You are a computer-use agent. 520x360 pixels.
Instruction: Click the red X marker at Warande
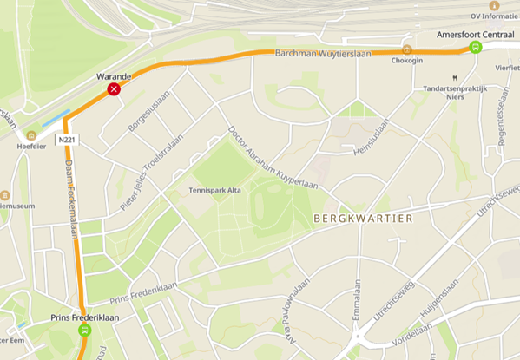pos(114,89)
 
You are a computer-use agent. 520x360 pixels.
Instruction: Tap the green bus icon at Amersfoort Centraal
pos(475,48)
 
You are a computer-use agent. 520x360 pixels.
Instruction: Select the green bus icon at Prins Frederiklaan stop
pos(84,330)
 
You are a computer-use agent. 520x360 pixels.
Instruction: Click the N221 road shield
pos(67,139)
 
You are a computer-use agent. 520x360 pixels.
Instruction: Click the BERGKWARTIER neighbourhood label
pos(360,219)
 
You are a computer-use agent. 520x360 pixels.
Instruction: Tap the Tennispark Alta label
pos(214,190)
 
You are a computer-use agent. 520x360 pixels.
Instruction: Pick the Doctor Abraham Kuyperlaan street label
pos(272,158)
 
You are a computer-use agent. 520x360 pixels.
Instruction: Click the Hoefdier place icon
pos(32,134)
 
